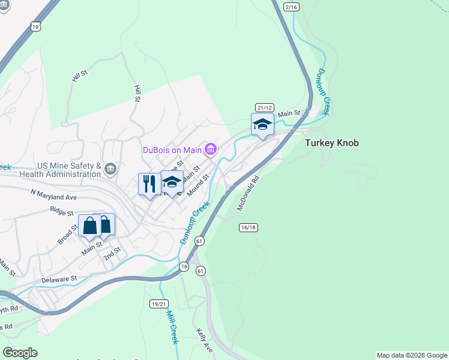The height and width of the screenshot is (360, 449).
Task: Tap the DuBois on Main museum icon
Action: point(211,149)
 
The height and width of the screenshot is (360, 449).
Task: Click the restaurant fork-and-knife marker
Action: point(148,183)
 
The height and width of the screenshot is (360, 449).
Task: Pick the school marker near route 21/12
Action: point(262,124)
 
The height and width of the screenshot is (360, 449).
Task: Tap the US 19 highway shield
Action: point(37,26)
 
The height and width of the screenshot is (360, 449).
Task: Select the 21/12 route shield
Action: point(264,107)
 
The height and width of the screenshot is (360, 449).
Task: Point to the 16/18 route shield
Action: point(248,227)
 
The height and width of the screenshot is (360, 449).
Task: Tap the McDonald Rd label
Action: point(248,193)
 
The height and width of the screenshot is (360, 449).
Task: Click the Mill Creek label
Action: point(173,327)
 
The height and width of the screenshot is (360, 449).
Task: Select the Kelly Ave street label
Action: point(205,340)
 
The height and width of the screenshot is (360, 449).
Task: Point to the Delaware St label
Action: point(59,279)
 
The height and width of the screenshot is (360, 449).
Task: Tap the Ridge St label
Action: point(62,211)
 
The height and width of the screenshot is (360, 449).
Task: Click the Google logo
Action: point(20,352)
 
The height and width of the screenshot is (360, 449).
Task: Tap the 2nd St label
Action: point(112,253)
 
